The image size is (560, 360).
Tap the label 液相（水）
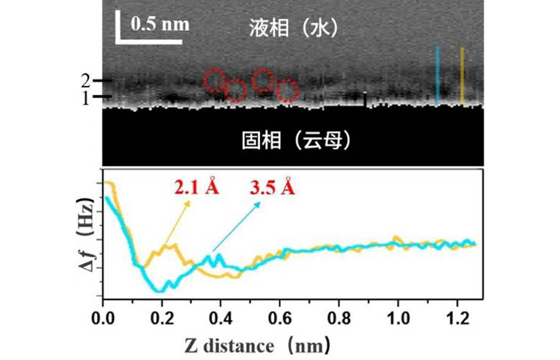coord(293,28)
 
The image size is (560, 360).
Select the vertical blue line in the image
coord(438,74)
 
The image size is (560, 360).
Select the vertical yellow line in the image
coord(462,74)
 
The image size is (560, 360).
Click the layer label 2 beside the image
coord(86,80)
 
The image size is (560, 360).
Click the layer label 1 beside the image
coord(86,97)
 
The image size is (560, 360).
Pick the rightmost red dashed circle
coord(287,90)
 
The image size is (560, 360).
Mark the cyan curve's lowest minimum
coord(159,291)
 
